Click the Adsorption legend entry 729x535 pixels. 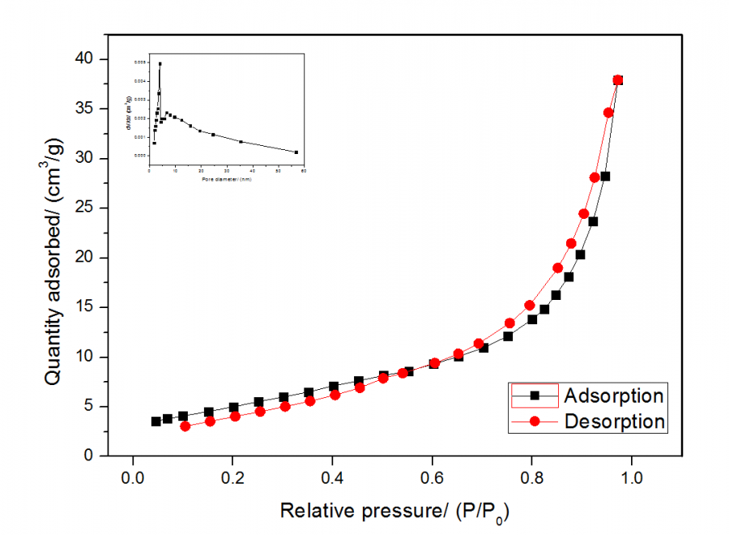click(x=614, y=396)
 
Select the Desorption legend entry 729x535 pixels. click(x=614, y=422)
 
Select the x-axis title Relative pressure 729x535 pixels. click(x=395, y=511)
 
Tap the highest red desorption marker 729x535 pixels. click(x=618, y=80)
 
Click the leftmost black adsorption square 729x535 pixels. click(x=156, y=422)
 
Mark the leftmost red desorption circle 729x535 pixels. click(x=185, y=426)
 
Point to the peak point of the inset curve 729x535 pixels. click(x=160, y=63)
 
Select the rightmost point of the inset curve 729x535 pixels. click(x=296, y=152)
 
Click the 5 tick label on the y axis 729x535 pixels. click(x=90, y=407)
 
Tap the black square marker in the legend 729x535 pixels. click(x=535, y=396)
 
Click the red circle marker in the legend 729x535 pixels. click(x=535, y=422)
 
